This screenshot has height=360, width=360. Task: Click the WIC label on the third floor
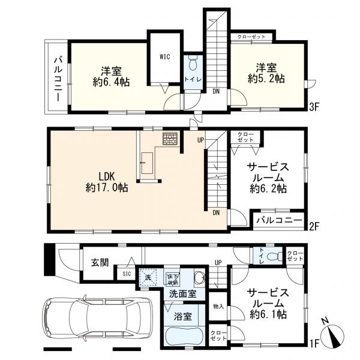(166, 57)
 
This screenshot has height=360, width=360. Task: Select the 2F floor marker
(313, 228)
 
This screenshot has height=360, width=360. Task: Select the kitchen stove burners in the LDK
(170, 139)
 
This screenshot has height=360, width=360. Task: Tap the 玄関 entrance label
(100, 262)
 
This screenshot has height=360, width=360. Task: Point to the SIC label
(127, 274)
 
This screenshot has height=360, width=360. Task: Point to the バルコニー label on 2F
(280, 220)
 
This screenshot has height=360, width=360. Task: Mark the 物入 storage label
(218, 307)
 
